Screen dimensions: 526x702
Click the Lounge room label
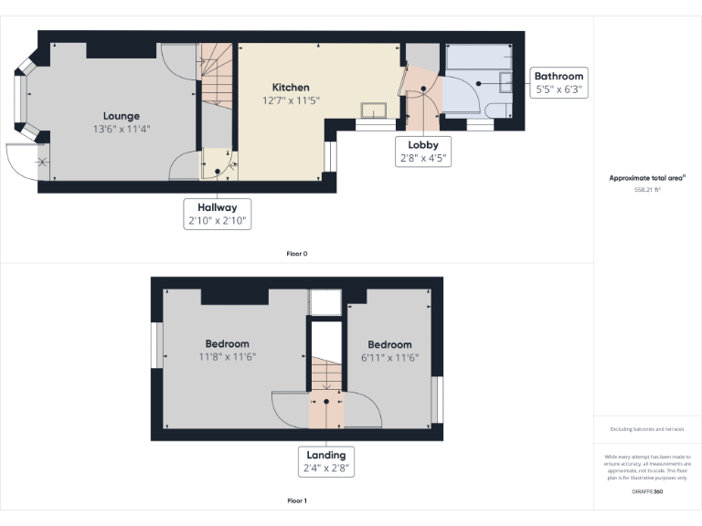pyautogui.click(x=121, y=116)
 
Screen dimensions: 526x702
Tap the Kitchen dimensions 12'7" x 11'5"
pyautogui.click(x=291, y=100)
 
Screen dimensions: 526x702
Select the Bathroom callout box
pyautogui.click(x=558, y=82)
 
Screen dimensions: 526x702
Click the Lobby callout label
pyautogui.click(x=422, y=151)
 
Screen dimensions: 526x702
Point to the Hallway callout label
pyautogui.click(x=216, y=215)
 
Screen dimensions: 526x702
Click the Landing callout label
pyautogui.click(x=325, y=461)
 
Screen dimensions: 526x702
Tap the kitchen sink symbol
pyautogui.click(x=375, y=110)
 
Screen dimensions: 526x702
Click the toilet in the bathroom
pyautogui.click(x=499, y=111)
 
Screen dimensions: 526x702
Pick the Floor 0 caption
pyautogui.click(x=297, y=253)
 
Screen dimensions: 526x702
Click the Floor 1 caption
pyautogui.click(x=297, y=500)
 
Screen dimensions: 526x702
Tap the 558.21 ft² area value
pyautogui.click(x=647, y=190)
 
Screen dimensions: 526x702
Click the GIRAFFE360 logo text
pyautogui.click(x=647, y=492)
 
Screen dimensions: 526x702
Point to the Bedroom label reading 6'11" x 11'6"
pyautogui.click(x=389, y=351)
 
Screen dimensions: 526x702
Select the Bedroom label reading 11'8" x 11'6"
pyautogui.click(x=228, y=350)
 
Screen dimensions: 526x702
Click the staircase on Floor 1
pyautogui.click(x=325, y=374)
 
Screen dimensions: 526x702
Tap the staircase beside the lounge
pyautogui.click(x=216, y=78)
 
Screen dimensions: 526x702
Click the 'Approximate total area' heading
pyautogui.click(x=647, y=178)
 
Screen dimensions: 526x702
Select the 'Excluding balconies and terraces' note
pyautogui.click(x=647, y=429)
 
